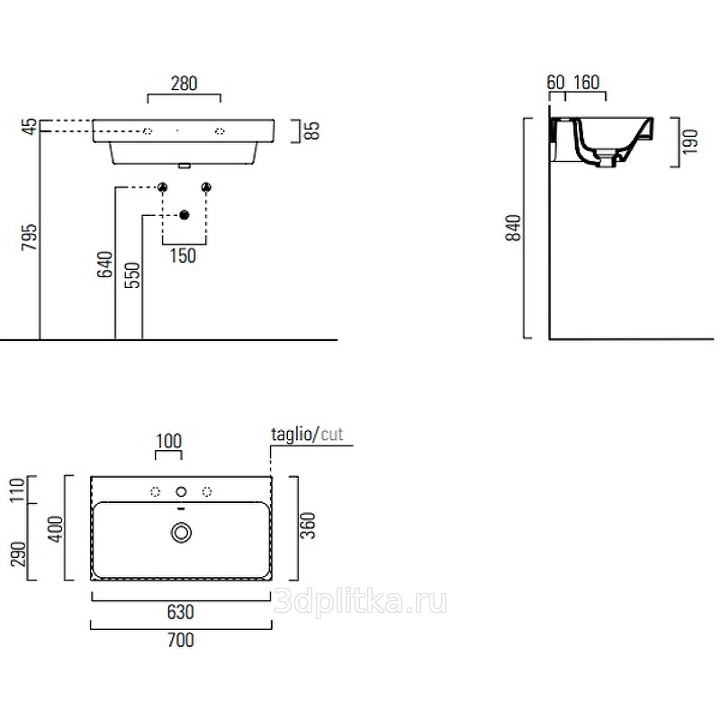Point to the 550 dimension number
133,274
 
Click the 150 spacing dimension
183,256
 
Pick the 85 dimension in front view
312,131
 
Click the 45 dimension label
30,126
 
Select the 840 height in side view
513,230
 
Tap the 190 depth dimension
690,142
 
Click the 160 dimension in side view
586,83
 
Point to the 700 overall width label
181,640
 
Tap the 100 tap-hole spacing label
169,440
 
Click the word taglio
291,435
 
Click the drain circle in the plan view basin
181,534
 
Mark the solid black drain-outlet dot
184,215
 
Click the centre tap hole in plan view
181,491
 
